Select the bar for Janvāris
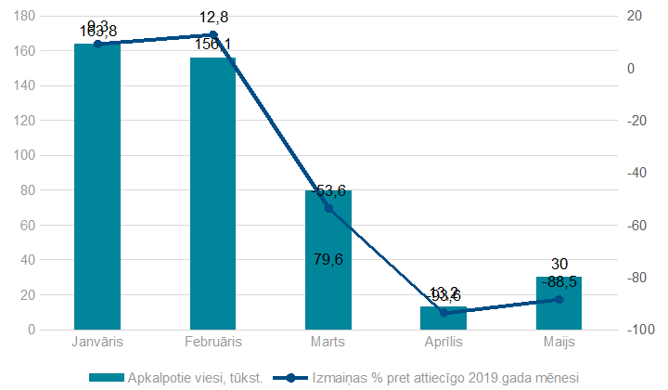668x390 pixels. [97, 186]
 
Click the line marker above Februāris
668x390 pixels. [213, 34]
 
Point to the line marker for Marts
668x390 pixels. [328, 209]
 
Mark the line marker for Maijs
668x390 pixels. [559, 299]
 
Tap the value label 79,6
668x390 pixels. [328, 259]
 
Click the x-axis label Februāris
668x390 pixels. [213, 342]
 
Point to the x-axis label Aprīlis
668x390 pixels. [443, 342]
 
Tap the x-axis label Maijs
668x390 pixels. [559, 342]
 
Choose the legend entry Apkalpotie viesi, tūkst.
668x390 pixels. [175, 378]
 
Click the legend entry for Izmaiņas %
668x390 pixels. [436, 378]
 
